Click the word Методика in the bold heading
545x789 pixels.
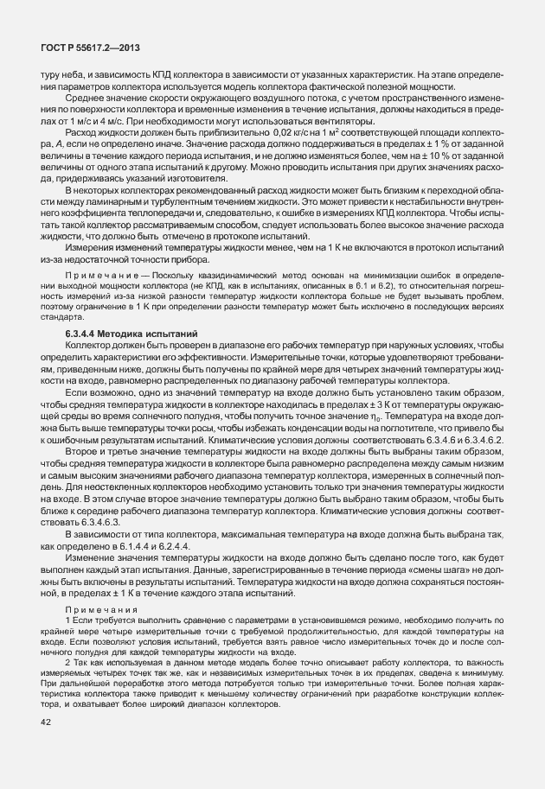point(130,333)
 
